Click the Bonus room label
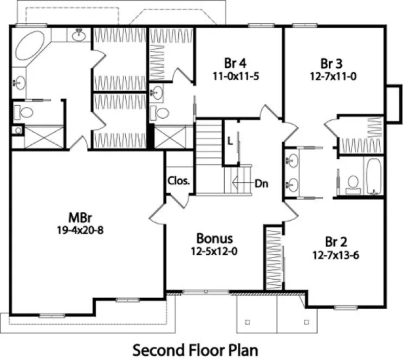(214, 238)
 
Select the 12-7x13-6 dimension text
(335, 253)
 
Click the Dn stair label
(261, 183)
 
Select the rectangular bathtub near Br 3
(374, 176)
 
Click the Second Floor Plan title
(196, 347)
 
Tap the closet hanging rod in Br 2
(274, 258)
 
